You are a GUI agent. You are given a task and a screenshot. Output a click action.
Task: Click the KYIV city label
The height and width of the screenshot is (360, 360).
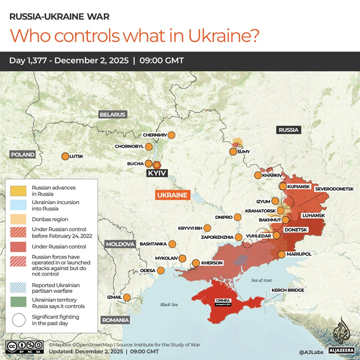(x=156, y=173)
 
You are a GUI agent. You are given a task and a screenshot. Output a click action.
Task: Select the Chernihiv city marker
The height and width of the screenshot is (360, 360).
(x=171, y=135)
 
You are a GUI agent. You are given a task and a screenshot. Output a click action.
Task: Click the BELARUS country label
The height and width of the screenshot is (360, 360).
(x=112, y=114)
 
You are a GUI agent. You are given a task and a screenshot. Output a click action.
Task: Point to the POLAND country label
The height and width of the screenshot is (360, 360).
(x=22, y=155)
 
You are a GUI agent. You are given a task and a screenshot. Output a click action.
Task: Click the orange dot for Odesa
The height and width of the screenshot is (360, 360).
(x=160, y=270)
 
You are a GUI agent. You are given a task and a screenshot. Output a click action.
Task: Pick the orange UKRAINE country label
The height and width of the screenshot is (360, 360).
(x=172, y=195)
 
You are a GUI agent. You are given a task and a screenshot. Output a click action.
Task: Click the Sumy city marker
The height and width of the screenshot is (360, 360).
(x=233, y=152)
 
